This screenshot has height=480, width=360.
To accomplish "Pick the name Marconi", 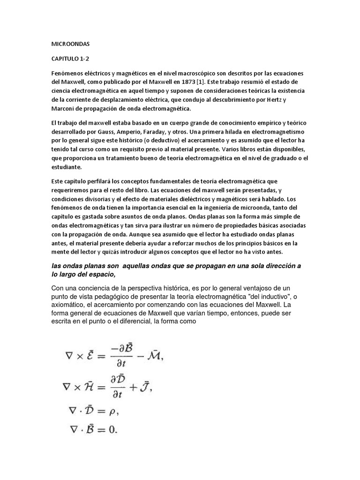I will click(63, 109).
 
